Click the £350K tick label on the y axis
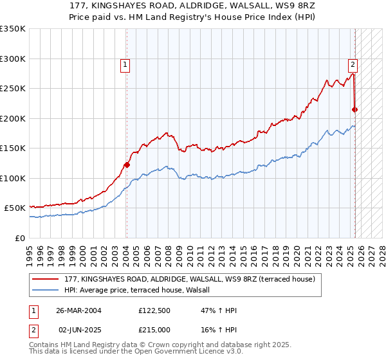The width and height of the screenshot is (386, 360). coord(13,29)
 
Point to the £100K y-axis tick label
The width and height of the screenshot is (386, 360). coord(13,178)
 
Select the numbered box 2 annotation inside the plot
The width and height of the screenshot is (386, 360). coord(353,64)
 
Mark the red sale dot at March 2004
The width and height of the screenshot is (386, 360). coord(127,165)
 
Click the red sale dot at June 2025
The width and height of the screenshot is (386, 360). coord(354,109)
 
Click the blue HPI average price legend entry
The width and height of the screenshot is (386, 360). coord(141,291)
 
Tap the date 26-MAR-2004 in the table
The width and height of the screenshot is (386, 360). coord(79,311)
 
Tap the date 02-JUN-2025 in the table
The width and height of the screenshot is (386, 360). coord(79,329)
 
